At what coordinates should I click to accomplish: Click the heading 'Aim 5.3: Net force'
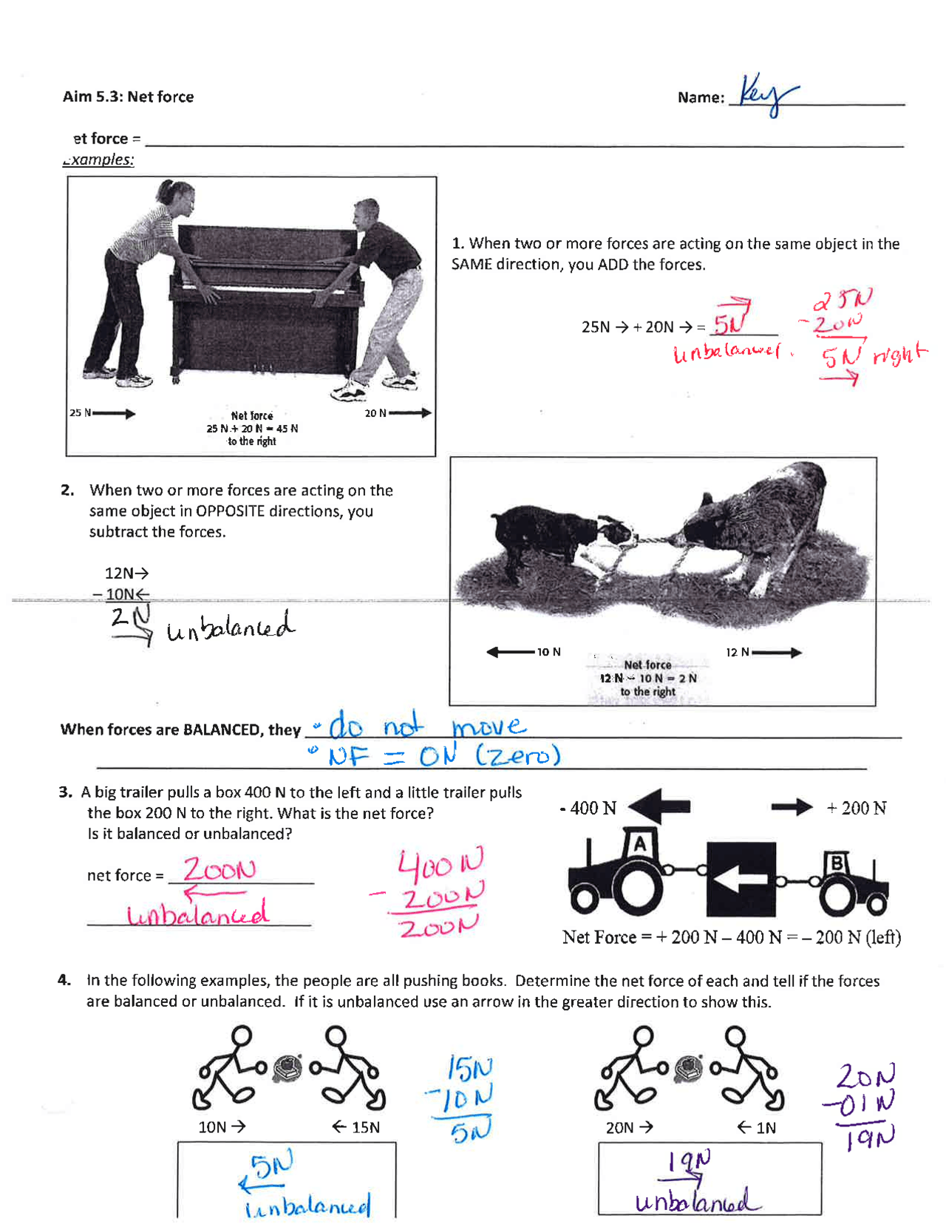128,97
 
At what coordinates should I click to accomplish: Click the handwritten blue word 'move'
489,726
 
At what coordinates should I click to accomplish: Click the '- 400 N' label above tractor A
588,808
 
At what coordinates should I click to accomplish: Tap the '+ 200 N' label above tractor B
856,808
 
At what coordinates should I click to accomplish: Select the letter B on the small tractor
837,863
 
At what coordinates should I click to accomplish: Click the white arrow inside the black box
741,880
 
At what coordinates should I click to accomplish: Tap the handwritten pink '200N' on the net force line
220,869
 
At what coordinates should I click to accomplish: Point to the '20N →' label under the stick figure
629,1127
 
